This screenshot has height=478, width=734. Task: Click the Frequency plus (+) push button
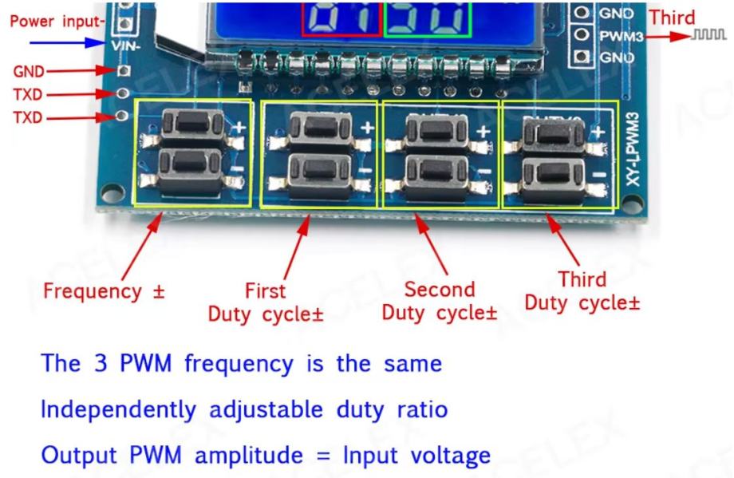191,124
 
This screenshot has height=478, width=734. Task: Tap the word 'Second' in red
440,288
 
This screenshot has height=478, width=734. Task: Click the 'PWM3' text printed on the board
619,35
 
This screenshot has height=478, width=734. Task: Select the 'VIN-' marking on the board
125,46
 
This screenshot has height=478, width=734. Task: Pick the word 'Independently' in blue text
109,412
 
